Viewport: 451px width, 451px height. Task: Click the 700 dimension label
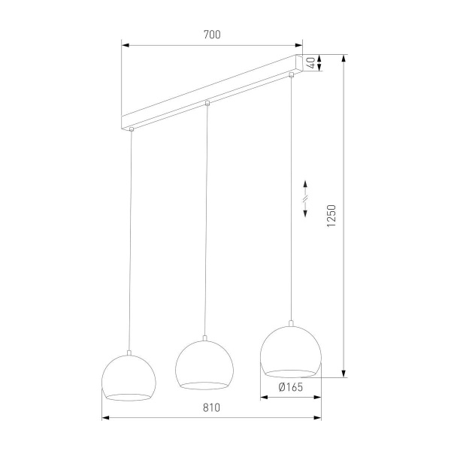(211, 35)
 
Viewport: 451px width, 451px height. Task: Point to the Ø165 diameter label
(290, 388)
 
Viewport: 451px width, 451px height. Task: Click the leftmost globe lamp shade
(129, 378)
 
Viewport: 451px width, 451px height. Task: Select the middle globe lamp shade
(204, 365)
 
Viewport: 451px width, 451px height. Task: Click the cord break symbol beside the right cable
(305, 199)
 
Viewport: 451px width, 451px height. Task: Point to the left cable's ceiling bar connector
(132, 129)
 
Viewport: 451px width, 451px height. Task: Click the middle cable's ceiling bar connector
(207, 103)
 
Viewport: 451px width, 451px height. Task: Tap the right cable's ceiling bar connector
(291, 74)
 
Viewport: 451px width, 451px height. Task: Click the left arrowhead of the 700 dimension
(126, 45)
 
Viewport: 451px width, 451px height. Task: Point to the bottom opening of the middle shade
(204, 385)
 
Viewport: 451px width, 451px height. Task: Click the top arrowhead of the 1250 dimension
(345, 58)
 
